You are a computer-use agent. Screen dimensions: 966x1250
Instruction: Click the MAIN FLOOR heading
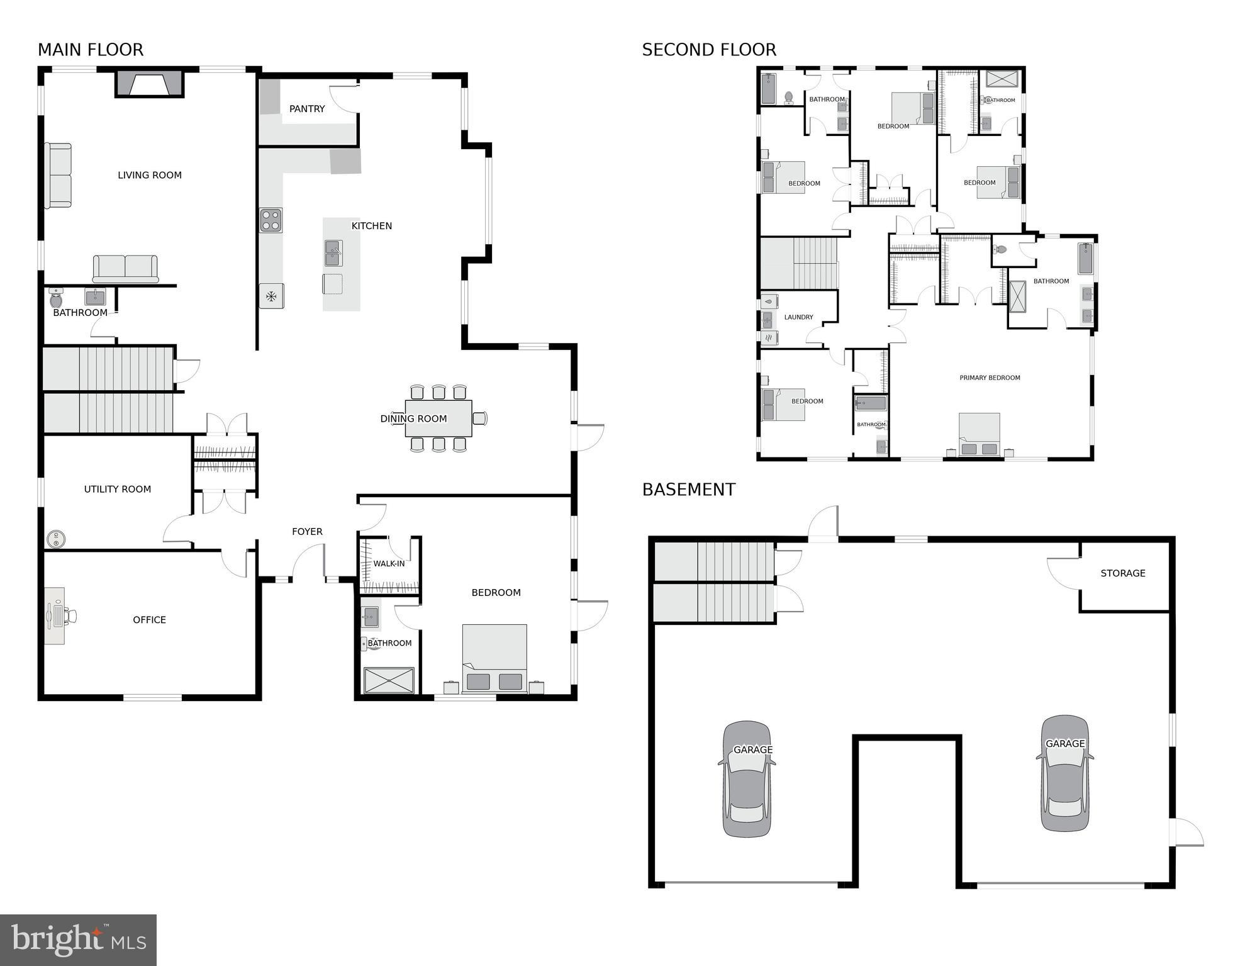click(x=91, y=50)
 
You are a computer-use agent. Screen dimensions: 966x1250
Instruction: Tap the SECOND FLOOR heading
click(x=709, y=50)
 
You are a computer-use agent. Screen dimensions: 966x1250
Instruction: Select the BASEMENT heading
click(x=688, y=490)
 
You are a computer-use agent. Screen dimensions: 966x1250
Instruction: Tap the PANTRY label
click(x=307, y=109)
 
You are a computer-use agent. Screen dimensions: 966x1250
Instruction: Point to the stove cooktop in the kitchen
click(x=271, y=220)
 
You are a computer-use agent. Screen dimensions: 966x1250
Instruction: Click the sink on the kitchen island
click(x=333, y=253)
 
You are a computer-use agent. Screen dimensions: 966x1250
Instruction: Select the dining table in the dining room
click(x=438, y=418)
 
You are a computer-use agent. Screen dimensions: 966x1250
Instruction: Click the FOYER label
click(x=307, y=532)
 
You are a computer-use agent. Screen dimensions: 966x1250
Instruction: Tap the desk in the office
click(x=54, y=616)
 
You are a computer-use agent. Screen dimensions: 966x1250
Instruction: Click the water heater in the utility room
click(x=56, y=539)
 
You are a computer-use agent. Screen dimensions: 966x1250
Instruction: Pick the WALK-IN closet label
click(x=389, y=563)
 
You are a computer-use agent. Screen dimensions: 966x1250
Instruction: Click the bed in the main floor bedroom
click(x=494, y=658)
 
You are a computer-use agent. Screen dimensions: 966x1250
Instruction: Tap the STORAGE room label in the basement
click(x=1123, y=573)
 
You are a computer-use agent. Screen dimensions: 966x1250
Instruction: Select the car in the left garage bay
click(x=747, y=779)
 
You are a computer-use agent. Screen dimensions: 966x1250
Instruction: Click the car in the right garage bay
click(x=1064, y=773)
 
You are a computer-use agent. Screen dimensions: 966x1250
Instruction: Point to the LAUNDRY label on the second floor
click(x=798, y=317)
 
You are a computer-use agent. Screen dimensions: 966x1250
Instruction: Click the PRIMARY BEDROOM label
click(x=990, y=378)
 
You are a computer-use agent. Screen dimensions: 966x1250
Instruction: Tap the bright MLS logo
click(x=78, y=940)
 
